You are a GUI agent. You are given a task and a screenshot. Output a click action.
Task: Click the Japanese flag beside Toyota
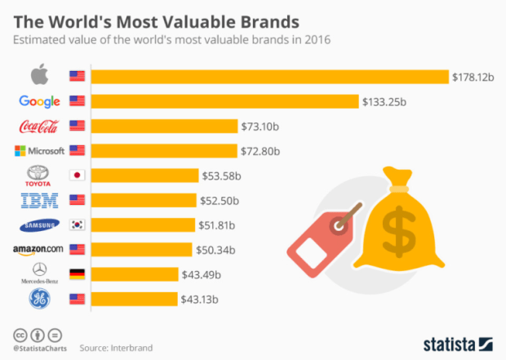pyautogui.click(x=78, y=176)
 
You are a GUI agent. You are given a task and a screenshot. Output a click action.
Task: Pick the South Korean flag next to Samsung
pyautogui.click(x=78, y=224)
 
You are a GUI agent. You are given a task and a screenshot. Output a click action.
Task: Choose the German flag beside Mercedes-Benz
pyautogui.click(x=78, y=273)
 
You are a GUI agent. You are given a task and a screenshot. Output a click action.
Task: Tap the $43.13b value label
pyautogui.click(x=201, y=299)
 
